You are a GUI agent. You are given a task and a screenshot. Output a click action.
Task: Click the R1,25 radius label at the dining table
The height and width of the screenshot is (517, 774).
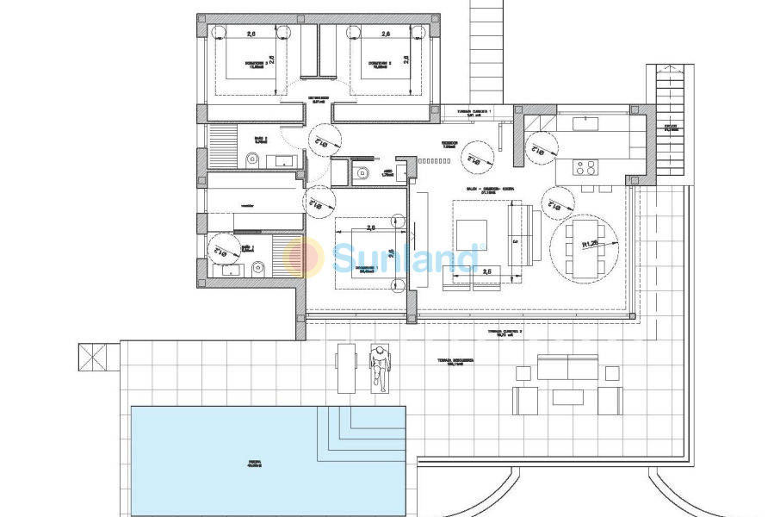coord(591,244)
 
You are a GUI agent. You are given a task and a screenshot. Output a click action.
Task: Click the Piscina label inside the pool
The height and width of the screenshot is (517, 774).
coord(254,464)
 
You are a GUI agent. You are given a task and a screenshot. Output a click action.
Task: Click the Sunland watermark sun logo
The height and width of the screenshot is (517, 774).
coord(303,257)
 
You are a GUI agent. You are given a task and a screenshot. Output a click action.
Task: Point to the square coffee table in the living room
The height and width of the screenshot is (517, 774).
coord(471,234)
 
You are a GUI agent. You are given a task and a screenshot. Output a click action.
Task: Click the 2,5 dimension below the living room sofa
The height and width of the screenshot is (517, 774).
coord(488,272)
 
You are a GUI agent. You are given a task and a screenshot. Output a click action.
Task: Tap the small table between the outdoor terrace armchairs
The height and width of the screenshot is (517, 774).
coord(567,397)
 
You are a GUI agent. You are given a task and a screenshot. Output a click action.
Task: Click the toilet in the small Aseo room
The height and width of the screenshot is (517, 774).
coord(362,174)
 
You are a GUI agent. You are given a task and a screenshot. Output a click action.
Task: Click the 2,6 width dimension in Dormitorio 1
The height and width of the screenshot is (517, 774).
coord(371,228)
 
